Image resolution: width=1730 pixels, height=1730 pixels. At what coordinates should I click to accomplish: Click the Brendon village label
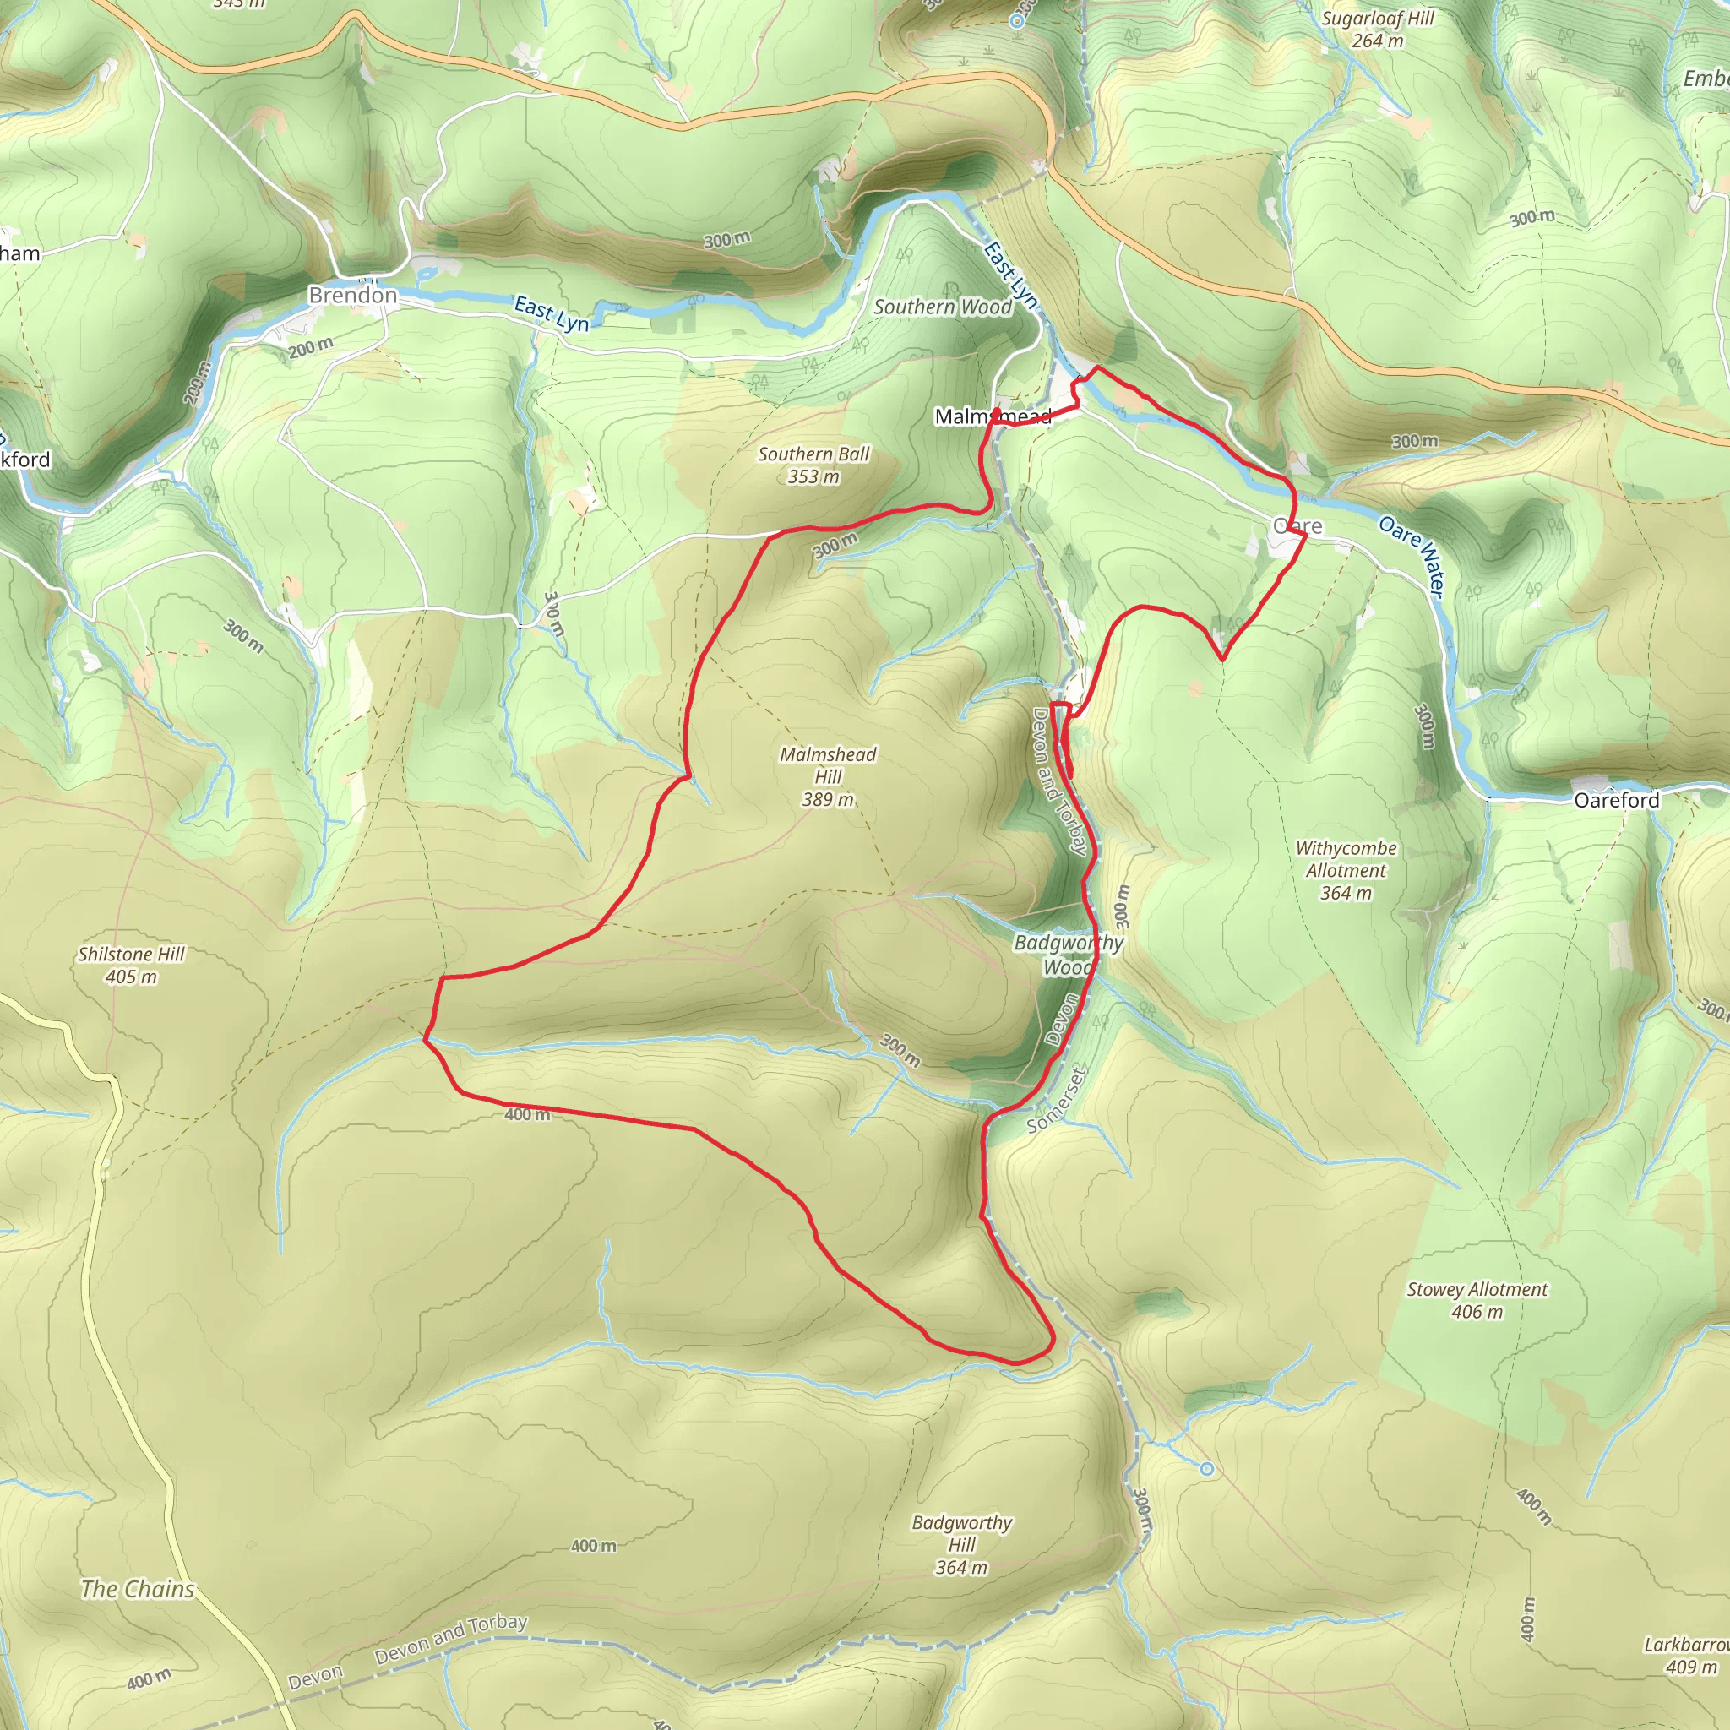(x=352, y=295)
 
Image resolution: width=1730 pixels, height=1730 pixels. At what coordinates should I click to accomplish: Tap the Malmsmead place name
(x=993, y=416)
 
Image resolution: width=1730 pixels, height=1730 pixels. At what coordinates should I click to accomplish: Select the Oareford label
(x=1616, y=800)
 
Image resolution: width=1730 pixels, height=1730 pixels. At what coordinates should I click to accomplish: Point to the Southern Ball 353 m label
(x=813, y=465)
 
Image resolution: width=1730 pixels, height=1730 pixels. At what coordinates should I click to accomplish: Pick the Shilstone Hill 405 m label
(x=131, y=966)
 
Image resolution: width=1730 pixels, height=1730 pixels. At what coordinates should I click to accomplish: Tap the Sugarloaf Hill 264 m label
(x=1377, y=30)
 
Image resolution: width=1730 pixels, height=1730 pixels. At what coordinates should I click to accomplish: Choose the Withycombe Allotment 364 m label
(x=1345, y=869)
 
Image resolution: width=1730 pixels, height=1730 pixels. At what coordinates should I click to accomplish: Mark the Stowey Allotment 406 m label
(x=1477, y=1300)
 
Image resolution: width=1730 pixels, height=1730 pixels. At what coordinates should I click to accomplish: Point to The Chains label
(x=137, y=1589)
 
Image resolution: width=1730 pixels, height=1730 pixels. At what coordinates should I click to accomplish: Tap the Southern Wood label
(x=942, y=307)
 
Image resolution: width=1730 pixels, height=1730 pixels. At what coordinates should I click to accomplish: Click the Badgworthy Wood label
(x=1068, y=955)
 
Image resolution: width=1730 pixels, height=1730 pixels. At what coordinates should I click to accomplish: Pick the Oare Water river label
(x=1412, y=556)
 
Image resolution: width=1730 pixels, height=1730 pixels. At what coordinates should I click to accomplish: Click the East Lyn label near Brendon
(x=552, y=314)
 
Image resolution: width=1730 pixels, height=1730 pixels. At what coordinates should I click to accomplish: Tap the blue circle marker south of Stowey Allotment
(x=1207, y=1468)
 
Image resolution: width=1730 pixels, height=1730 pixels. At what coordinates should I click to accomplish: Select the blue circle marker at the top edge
(x=1017, y=19)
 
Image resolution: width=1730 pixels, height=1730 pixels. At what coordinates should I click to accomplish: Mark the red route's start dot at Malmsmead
(x=997, y=413)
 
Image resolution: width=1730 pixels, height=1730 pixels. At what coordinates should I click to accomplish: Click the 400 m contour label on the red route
(x=526, y=1115)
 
